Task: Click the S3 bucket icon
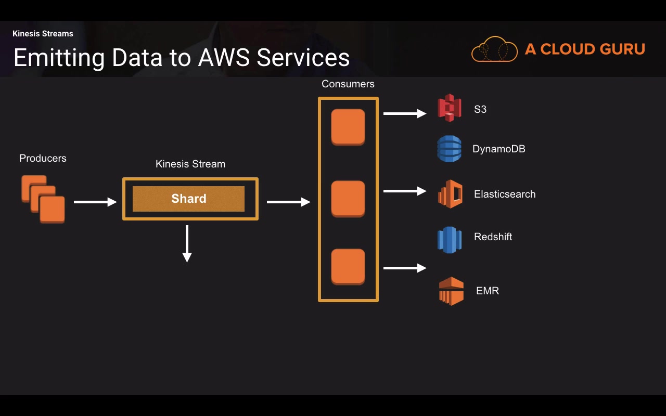coord(450,108)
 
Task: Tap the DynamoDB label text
coord(498,149)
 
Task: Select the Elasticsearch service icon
coord(450,194)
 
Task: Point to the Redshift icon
coord(450,240)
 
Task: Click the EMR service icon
coord(451,291)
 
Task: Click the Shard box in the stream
coord(188,199)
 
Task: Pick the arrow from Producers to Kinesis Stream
coord(95,202)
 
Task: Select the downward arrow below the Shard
coord(187,243)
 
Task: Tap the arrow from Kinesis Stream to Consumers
coord(288,202)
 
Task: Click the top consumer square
coord(348,127)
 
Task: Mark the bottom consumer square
coord(348,267)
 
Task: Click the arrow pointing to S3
coord(405,113)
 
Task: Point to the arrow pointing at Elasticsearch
coord(405,191)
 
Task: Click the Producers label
coord(43,158)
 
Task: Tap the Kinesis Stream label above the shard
coord(190,164)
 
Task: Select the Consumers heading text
coord(348,84)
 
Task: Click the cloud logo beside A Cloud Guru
coord(494,49)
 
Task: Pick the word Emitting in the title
coord(59,57)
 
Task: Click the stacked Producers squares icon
coord(43,199)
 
